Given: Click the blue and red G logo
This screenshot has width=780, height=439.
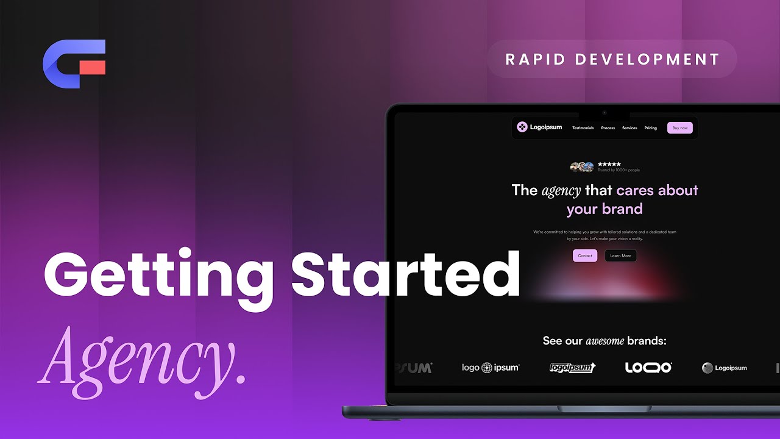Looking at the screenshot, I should [x=74, y=64].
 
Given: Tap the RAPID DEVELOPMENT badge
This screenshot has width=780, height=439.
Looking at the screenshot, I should [x=612, y=59].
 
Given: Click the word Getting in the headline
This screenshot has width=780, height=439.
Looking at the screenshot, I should [x=158, y=274].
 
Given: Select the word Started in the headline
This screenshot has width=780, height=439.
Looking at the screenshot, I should [x=405, y=274].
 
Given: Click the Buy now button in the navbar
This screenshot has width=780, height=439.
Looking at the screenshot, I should [x=679, y=127].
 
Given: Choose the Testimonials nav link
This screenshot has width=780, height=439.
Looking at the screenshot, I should [x=583, y=128].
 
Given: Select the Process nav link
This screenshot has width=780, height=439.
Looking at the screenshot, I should [x=608, y=128].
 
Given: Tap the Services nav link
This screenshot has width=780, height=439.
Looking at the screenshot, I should [x=629, y=128].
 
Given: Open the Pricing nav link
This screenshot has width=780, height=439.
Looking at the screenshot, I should [x=650, y=128].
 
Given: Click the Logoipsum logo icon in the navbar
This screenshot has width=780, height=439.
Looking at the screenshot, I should [x=522, y=127].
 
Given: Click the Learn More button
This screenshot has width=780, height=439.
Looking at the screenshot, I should [x=620, y=255].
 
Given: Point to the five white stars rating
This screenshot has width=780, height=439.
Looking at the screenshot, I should [x=609, y=164].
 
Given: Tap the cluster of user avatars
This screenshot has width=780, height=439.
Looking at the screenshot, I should [x=582, y=167].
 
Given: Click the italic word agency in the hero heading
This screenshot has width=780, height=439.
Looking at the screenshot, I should [x=561, y=190].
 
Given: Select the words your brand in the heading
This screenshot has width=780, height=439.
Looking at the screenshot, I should [x=604, y=209].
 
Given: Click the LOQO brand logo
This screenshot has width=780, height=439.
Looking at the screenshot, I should [x=648, y=368].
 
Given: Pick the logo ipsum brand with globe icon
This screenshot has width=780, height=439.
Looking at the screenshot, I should [x=491, y=368].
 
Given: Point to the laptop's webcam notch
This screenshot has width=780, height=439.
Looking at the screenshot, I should [x=604, y=113].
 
